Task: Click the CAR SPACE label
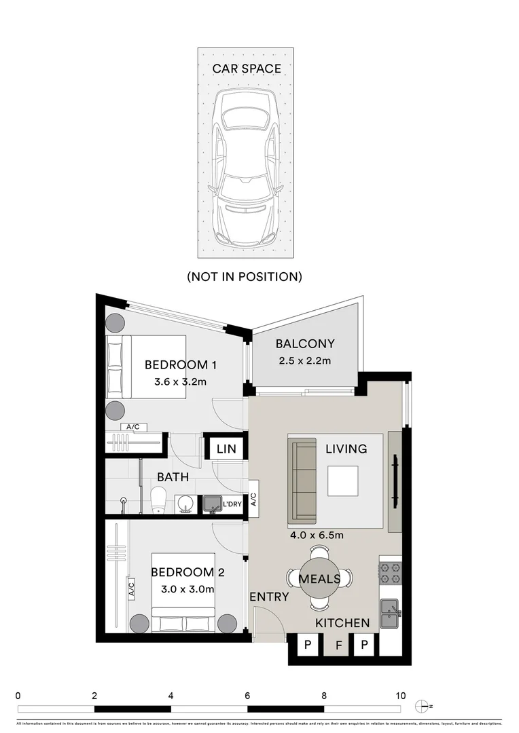246,69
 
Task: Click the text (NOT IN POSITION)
245,276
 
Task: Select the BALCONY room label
305,344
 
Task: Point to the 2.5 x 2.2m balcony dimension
304,360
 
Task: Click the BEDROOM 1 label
180,365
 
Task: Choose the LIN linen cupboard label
226,448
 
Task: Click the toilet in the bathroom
158,500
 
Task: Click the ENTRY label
269,597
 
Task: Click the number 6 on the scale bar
247,695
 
